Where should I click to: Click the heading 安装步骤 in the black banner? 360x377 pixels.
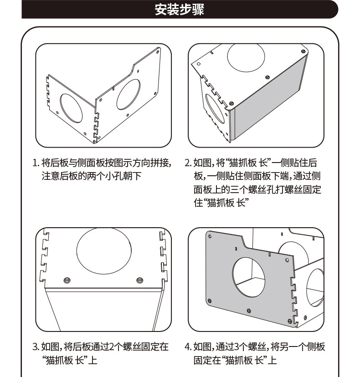point(180,10)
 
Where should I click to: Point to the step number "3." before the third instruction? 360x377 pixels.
point(36,347)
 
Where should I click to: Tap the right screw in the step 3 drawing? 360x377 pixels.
point(139,279)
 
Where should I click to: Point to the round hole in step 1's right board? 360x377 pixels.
point(128,93)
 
